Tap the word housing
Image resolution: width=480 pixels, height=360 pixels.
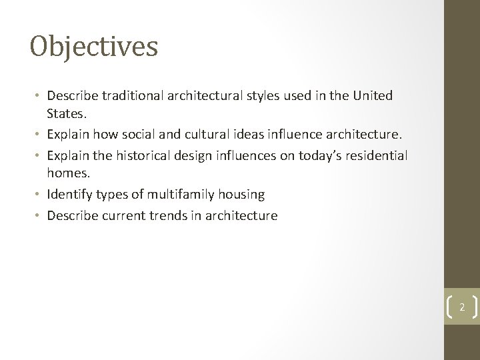(241, 195)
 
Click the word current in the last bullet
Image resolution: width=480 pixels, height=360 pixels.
(121, 215)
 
